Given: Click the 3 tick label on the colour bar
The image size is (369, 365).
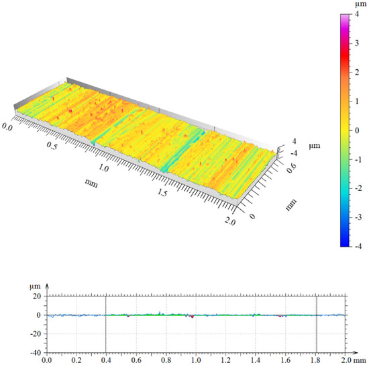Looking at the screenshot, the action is (x=357, y=43).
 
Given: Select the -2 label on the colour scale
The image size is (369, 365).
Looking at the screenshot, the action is (x=358, y=188).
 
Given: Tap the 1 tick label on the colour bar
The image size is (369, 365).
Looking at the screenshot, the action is (x=357, y=102).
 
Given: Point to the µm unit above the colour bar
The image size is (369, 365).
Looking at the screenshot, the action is (x=360, y=5).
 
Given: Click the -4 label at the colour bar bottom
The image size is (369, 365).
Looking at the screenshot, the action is (x=358, y=247).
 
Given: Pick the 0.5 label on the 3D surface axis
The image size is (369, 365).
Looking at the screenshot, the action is (x=52, y=145).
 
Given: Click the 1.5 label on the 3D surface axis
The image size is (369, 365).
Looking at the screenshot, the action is (x=162, y=192).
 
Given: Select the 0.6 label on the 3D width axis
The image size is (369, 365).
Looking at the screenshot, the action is (x=292, y=167).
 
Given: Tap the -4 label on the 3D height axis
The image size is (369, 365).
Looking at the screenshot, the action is (x=294, y=153).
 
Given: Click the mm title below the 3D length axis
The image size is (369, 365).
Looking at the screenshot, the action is (x=91, y=183).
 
